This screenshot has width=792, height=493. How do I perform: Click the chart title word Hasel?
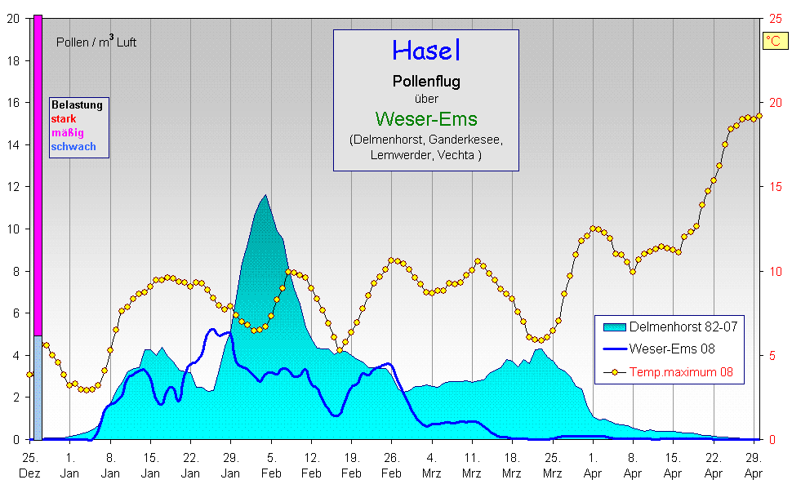pos(426,51)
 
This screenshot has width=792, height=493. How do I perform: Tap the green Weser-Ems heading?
pos(426,119)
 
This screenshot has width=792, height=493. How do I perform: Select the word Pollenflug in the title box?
pos(426,82)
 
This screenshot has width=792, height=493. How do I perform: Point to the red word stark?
pos(63,119)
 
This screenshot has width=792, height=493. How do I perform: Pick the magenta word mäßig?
pos(67,133)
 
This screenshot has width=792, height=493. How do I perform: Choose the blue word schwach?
pos(73,147)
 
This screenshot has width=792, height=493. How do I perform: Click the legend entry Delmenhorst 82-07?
pos(683,326)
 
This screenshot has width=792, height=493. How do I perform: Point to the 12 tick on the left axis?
pos(13,186)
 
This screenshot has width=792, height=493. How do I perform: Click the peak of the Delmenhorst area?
pos(265,196)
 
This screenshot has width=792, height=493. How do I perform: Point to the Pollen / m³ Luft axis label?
pos(96,42)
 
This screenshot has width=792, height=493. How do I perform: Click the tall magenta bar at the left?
pos(38,163)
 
